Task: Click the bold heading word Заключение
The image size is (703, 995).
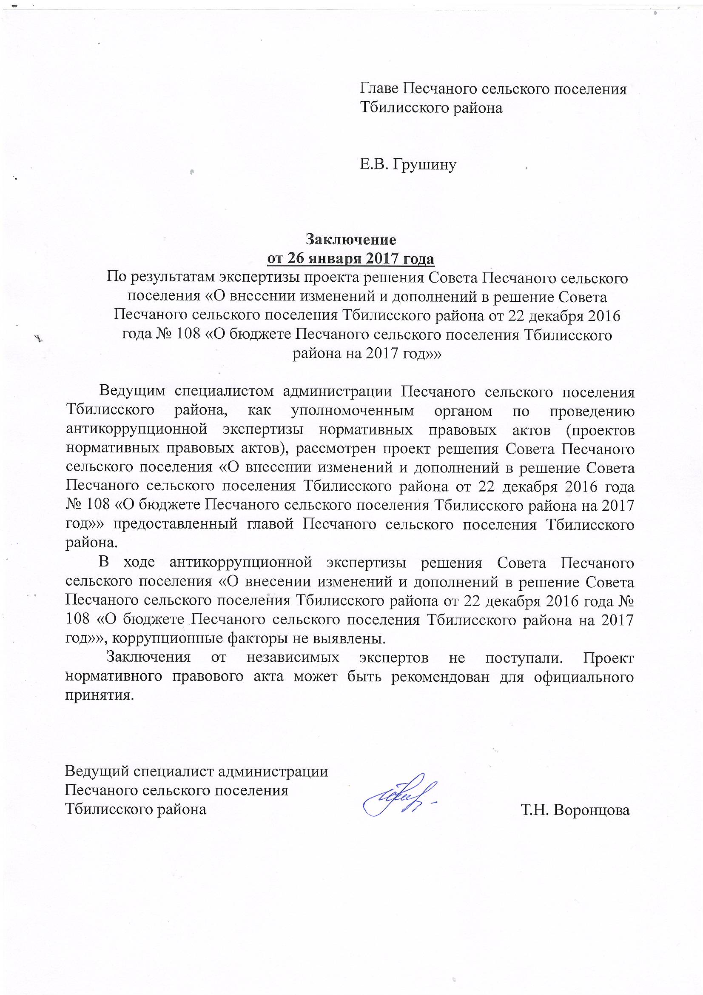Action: [x=351, y=239]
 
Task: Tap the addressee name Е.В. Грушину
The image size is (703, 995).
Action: [x=408, y=165]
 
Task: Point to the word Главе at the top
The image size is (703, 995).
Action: [x=379, y=89]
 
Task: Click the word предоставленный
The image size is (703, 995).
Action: [x=175, y=524]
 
